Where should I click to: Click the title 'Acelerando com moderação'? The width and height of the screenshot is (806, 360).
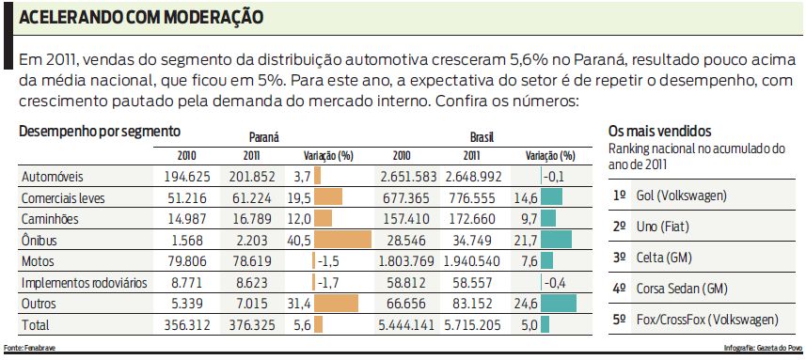(x=141, y=18)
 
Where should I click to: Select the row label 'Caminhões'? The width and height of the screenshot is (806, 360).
(x=53, y=218)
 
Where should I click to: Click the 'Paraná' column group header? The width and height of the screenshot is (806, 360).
(x=263, y=136)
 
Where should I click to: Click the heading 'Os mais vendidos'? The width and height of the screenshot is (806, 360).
(x=659, y=131)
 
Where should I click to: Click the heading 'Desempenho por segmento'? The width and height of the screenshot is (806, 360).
(x=100, y=132)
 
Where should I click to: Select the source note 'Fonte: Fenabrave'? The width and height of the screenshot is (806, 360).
(x=25, y=349)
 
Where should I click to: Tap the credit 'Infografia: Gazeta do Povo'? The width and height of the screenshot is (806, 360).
(x=763, y=349)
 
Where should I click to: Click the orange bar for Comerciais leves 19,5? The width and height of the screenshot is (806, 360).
(x=328, y=197)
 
